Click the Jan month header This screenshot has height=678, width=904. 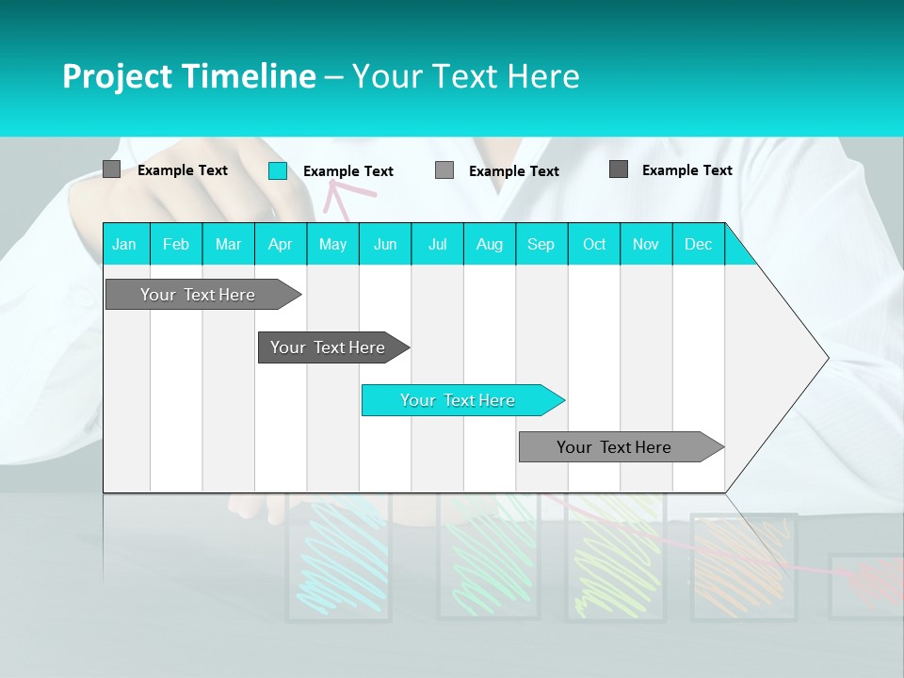(x=124, y=244)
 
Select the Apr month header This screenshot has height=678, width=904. (x=280, y=244)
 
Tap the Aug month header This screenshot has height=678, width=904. (x=489, y=244)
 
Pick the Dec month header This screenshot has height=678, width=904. (x=698, y=244)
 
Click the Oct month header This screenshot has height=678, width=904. (x=593, y=244)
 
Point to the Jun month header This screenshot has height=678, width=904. (x=384, y=244)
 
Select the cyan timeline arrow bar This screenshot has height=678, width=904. (x=458, y=400)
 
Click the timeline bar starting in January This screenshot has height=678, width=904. (x=198, y=295)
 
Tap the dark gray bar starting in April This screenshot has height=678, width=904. (x=328, y=347)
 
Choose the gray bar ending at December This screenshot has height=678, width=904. (x=614, y=447)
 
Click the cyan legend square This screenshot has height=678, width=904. (x=278, y=170)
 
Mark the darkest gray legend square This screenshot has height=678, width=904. (x=619, y=169)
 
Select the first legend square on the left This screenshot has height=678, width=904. (x=111, y=169)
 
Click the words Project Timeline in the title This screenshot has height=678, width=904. (x=188, y=76)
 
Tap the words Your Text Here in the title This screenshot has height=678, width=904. (x=465, y=76)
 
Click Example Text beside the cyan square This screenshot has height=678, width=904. (x=347, y=171)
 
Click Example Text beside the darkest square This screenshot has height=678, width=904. (x=686, y=170)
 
